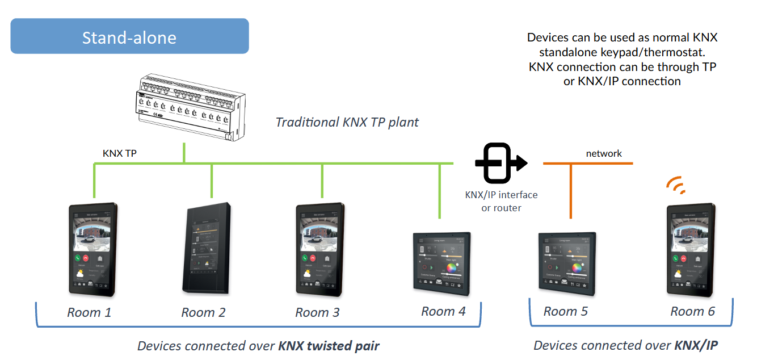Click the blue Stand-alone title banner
pos(129,36)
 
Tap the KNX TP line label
pos(119,153)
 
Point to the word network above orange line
pos(604,153)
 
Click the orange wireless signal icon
pos(675,185)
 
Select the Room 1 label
pos(89,312)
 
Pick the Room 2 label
pos(203,312)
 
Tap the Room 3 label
pos(317,312)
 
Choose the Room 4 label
pos(443,311)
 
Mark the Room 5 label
pos(566,311)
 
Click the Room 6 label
pos(692,311)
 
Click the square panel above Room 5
pos(566,263)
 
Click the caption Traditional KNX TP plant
pos(347,122)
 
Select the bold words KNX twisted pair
pos(329,346)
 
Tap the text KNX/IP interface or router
pos(501,202)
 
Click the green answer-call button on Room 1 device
pos(78,257)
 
